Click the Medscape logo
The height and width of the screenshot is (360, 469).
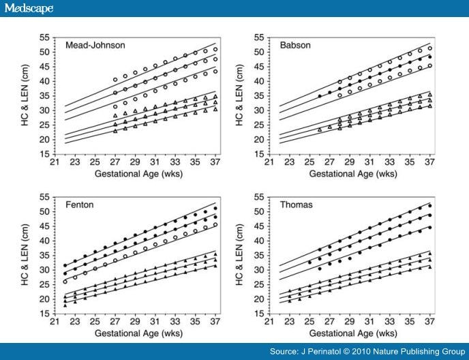pyautogui.click(x=27, y=8)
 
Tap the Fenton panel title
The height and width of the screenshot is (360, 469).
pyautogui.click(x=79, y=205)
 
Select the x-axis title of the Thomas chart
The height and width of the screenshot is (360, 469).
pyautogui.click(x=353, y=334)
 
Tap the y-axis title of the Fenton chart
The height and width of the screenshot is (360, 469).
pyautogui.click(x=25, y=254)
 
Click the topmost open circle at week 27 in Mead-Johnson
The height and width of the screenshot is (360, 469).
pyautogui.click(x=115, y=79)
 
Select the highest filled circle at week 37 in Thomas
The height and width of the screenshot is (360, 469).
pyautogui.click(x=429, y=205)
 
